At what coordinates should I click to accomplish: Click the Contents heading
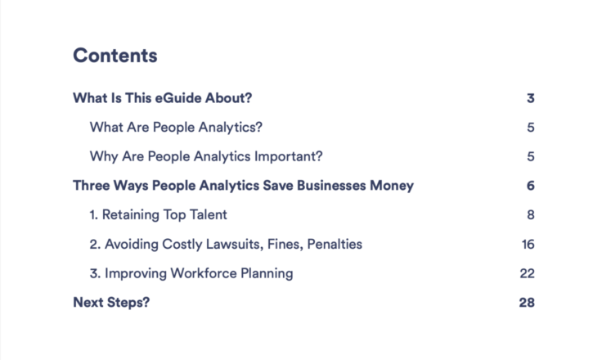115,56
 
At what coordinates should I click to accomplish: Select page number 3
531,98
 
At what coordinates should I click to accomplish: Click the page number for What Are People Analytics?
531,127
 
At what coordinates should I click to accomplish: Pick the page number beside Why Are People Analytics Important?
531,156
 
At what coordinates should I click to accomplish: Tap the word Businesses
331,186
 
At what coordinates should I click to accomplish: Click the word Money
392,186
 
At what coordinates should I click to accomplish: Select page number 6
531,186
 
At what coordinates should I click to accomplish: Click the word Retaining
130,214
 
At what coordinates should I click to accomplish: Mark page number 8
531,214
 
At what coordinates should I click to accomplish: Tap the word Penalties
335,244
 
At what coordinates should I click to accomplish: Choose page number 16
528,245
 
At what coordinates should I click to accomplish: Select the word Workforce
204,273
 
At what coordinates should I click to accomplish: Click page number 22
527,273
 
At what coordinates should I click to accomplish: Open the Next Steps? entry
111,303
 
